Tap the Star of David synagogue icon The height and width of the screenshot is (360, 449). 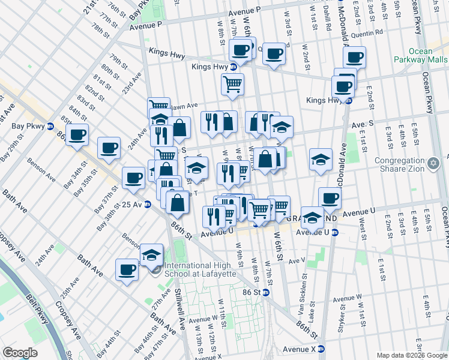point(433,163)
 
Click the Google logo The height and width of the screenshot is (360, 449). point(20,353)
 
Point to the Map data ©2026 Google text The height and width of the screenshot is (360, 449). point(411,355)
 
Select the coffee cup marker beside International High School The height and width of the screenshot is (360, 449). point(127,269)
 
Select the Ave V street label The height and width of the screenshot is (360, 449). point(297,261)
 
